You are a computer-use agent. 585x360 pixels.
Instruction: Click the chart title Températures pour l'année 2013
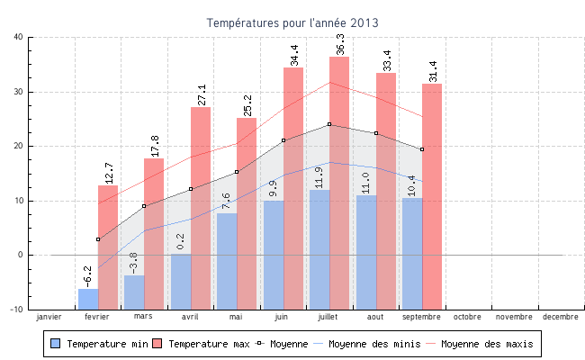pyautogui.click(x=292, y=22)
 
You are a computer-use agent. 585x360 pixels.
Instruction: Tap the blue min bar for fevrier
pyautogui.click(x=87, y=298)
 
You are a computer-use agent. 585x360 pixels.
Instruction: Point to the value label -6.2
pyautogui.click(x=87, y=274)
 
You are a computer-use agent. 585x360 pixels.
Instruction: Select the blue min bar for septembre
pyautogui.click(x=411, y=252)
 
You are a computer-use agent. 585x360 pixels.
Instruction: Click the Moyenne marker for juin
pyautogui.click(x=283, y=140)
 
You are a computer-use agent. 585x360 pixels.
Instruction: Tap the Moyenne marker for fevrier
pyautogui.click(x=98, y=239)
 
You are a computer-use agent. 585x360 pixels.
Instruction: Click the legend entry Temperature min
pyautogui.click(x=100, y=344)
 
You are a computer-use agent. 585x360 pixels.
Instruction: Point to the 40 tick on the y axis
pyautogui.click(x=19, y=37)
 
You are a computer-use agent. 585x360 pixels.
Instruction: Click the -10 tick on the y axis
pyautogui.click(x=16, y=310)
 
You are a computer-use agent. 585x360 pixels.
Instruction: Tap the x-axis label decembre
pyautogui.click(x=561, y=317)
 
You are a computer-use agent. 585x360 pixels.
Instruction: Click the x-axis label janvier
pyautogui.click(x=49, y=317)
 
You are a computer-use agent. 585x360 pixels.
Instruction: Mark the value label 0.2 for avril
pyautogui.click(x=181, y=240)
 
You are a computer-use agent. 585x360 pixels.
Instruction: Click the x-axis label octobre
pyautogui.click(x=468, y=317)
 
